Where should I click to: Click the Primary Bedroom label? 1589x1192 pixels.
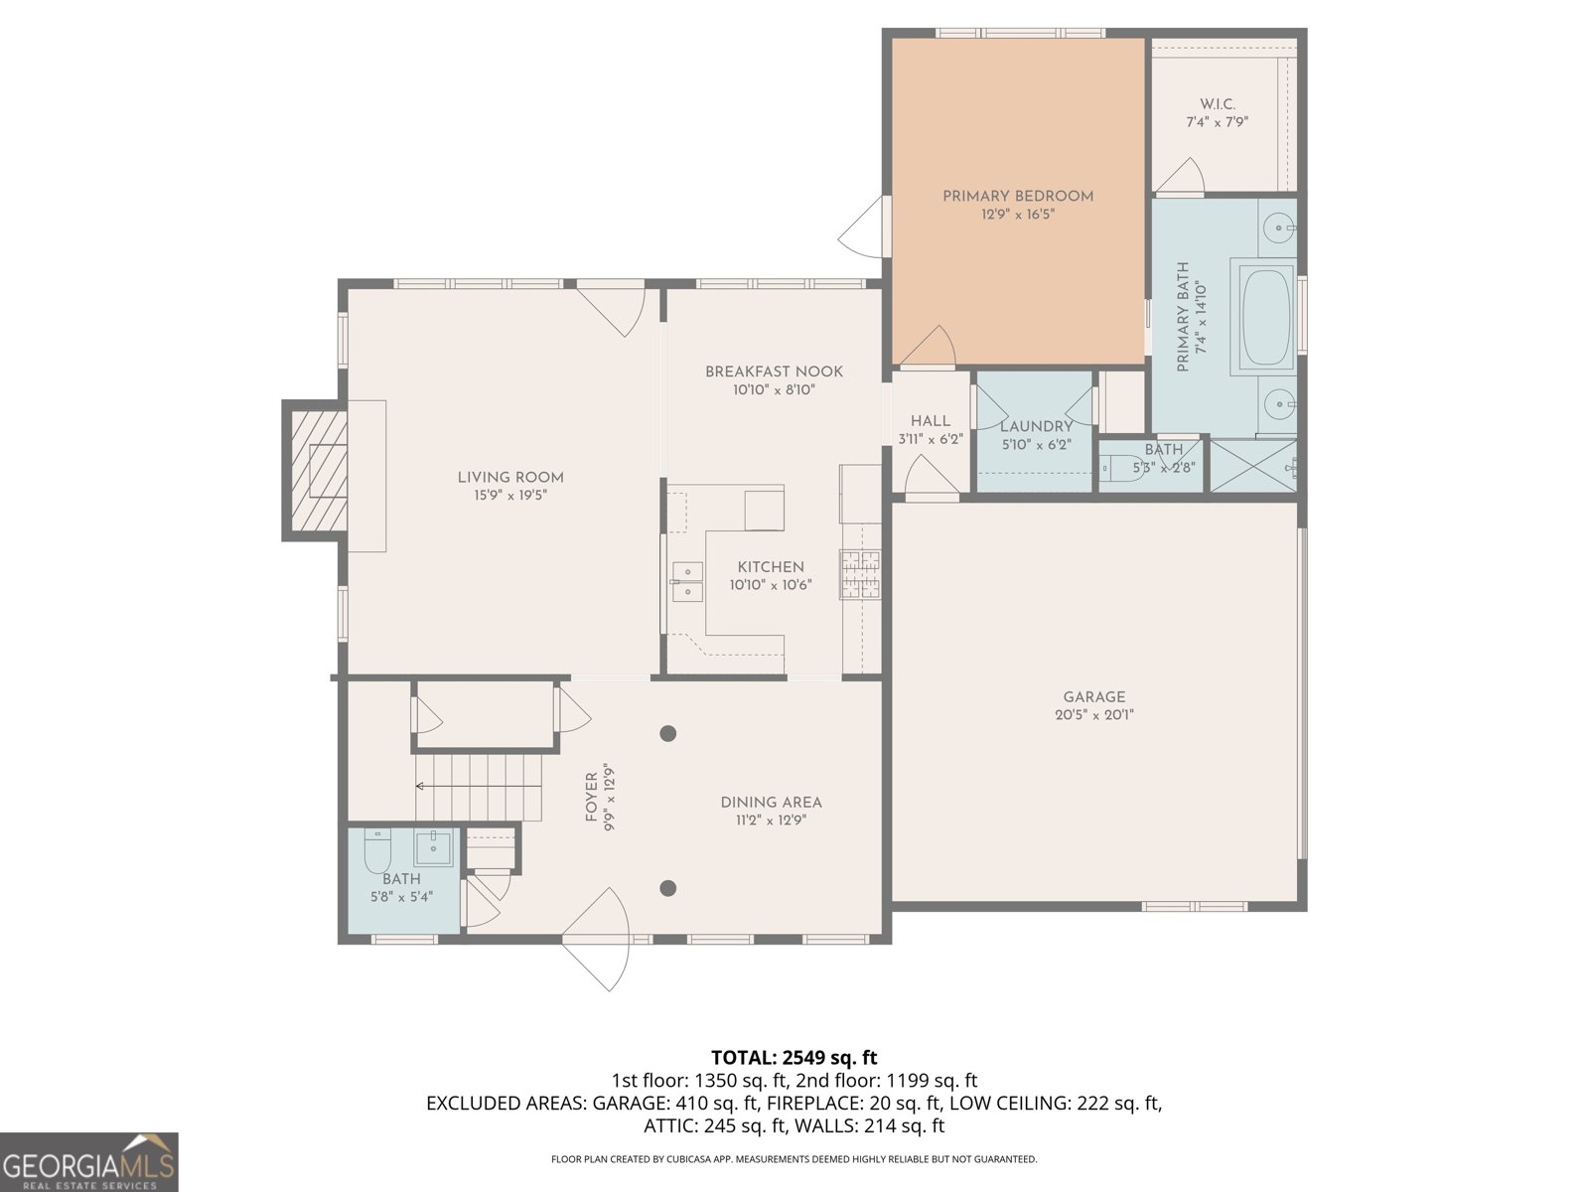coord(1018,196)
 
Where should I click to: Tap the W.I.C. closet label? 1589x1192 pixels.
coord(1217,104)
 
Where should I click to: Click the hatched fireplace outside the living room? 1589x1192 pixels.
coord(316,471)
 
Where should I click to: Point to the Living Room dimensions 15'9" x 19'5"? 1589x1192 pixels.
coord(510,495)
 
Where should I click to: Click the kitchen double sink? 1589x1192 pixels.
coord(686,581)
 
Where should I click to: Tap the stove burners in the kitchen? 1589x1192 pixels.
coord(860,574)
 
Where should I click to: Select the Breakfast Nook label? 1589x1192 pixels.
coord(774,372)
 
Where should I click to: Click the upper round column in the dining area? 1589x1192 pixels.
coord(668,734)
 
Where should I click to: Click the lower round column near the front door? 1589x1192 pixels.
coord(668,888)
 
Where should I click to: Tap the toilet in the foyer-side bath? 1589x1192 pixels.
coord(377,850)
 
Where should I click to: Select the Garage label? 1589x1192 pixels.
coord(1093,697)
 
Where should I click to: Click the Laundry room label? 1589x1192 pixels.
coord(1036,426)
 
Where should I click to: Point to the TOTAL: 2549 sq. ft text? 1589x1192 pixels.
coord(794,1057)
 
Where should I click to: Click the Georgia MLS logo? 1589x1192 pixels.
coord(88,1162)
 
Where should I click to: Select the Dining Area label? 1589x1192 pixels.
coord(771,803)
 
